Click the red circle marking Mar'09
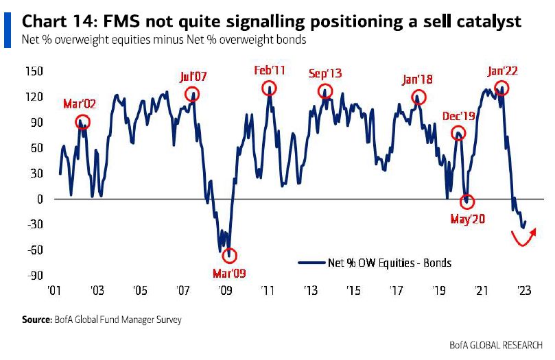click(229, 256)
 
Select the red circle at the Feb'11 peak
click(269, 88)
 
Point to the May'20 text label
click(467, 219)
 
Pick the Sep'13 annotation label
click(325, 73)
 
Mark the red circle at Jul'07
click(192, 94)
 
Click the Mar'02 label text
click(80, 104)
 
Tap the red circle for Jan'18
click(416, 98)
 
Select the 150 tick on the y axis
click(34, 71)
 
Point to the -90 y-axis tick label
click(34, 275)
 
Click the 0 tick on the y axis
click(40, 199)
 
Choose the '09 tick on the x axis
click(225, 291)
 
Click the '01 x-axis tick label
click(56, 291)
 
